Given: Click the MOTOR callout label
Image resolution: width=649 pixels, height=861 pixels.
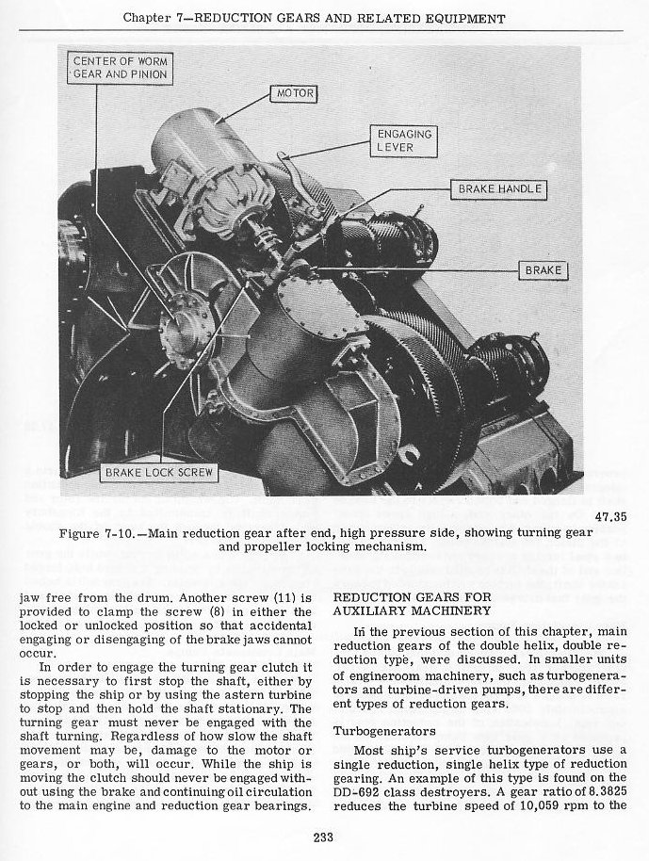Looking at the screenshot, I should click(294, 94).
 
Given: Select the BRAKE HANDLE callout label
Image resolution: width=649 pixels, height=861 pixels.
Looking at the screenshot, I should click(499, 189).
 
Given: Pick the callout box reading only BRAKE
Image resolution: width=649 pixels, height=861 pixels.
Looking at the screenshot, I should click(544, 271).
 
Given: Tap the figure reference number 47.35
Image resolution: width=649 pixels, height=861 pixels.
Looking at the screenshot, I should click(611, 515).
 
